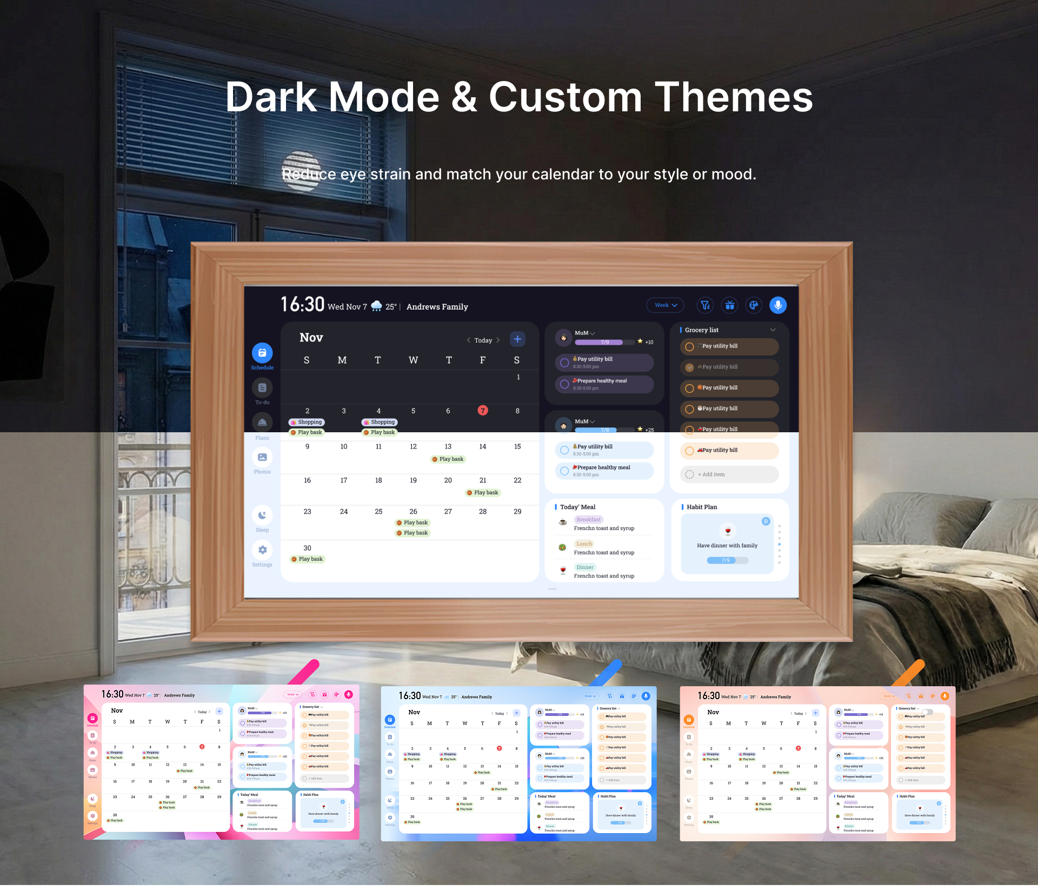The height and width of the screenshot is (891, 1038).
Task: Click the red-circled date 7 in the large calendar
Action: coord(483,411)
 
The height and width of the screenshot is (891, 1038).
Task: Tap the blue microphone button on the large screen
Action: coord(777,305)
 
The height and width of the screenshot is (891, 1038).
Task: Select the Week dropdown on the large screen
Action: coord(665,305)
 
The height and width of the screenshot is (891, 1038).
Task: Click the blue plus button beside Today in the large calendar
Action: coord(517,339)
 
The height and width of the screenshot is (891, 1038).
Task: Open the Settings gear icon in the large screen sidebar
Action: coord(262,550)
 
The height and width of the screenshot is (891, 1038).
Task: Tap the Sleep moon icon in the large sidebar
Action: coord(262,515)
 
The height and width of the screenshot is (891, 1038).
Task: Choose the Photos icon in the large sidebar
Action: coord(262,458)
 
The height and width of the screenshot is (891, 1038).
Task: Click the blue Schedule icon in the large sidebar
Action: coord(262,353)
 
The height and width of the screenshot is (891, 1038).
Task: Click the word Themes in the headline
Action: coord(734,97)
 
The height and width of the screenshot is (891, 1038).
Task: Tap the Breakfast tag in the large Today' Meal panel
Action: coord(588,520)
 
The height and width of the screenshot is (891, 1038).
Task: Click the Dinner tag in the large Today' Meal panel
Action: coord(585,567)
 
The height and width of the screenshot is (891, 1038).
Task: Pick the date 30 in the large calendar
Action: coord(307,548)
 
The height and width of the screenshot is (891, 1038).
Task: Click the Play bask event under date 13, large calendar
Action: coord(448,459)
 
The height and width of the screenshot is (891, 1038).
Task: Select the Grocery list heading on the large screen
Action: coord(701,330)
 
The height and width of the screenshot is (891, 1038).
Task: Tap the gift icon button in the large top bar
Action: coord(730,305)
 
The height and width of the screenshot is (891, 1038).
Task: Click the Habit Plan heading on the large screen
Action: coord(702,507)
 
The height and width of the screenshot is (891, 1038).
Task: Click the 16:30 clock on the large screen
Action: coord(302,305)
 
